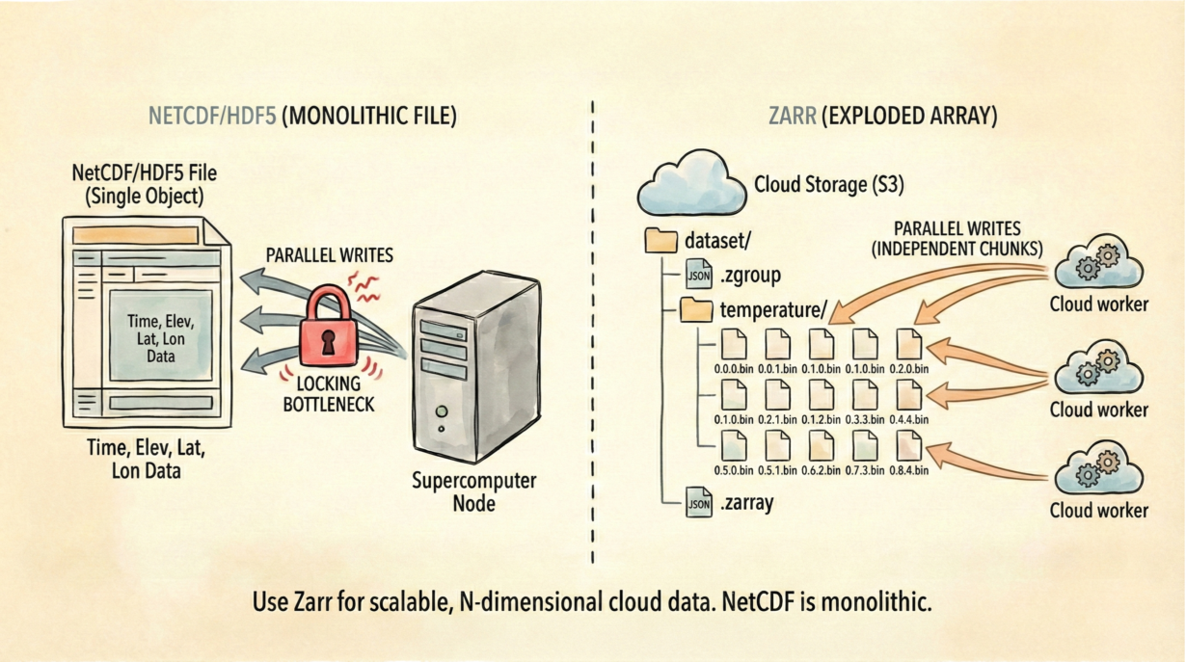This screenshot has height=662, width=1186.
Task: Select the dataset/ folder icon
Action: [660, 240]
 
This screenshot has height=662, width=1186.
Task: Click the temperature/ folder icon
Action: [695, 309]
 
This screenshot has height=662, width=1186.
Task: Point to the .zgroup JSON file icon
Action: [698, 275]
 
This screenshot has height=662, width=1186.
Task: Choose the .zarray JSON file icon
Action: [698, 502]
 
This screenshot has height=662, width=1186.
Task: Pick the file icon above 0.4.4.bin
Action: [908, 395]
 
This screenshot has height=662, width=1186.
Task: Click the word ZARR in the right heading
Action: [793, 117]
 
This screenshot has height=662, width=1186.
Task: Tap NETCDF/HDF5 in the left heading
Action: [212, 117]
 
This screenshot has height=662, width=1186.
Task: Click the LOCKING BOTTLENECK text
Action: [329, 394]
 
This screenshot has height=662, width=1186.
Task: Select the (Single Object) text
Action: [145, 196]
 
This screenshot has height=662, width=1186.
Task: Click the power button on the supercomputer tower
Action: [440, 410]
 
